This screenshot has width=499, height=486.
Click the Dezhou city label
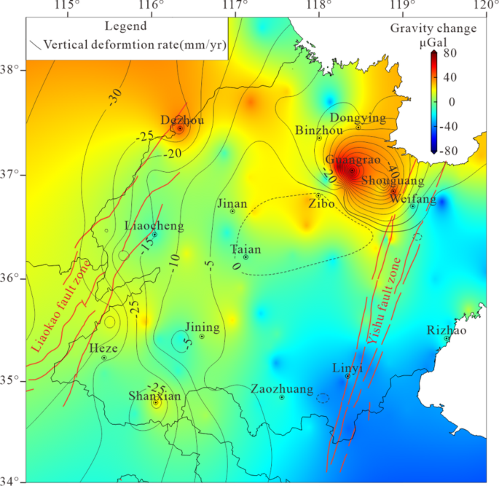(182, 120)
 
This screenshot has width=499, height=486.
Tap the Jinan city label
(232, 204)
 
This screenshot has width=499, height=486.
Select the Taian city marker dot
(246, 257)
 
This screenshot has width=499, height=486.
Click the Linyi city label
(347, 367)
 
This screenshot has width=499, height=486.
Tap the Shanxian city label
(154, 396)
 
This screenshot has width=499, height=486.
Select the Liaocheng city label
(154, 227)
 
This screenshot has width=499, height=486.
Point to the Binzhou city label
(320, 130)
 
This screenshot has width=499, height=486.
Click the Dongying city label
(358, 117)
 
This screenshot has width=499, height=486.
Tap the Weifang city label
(412, 198)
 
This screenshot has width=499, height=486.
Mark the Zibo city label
(321, 204)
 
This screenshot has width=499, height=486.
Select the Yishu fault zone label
(382, 301)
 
